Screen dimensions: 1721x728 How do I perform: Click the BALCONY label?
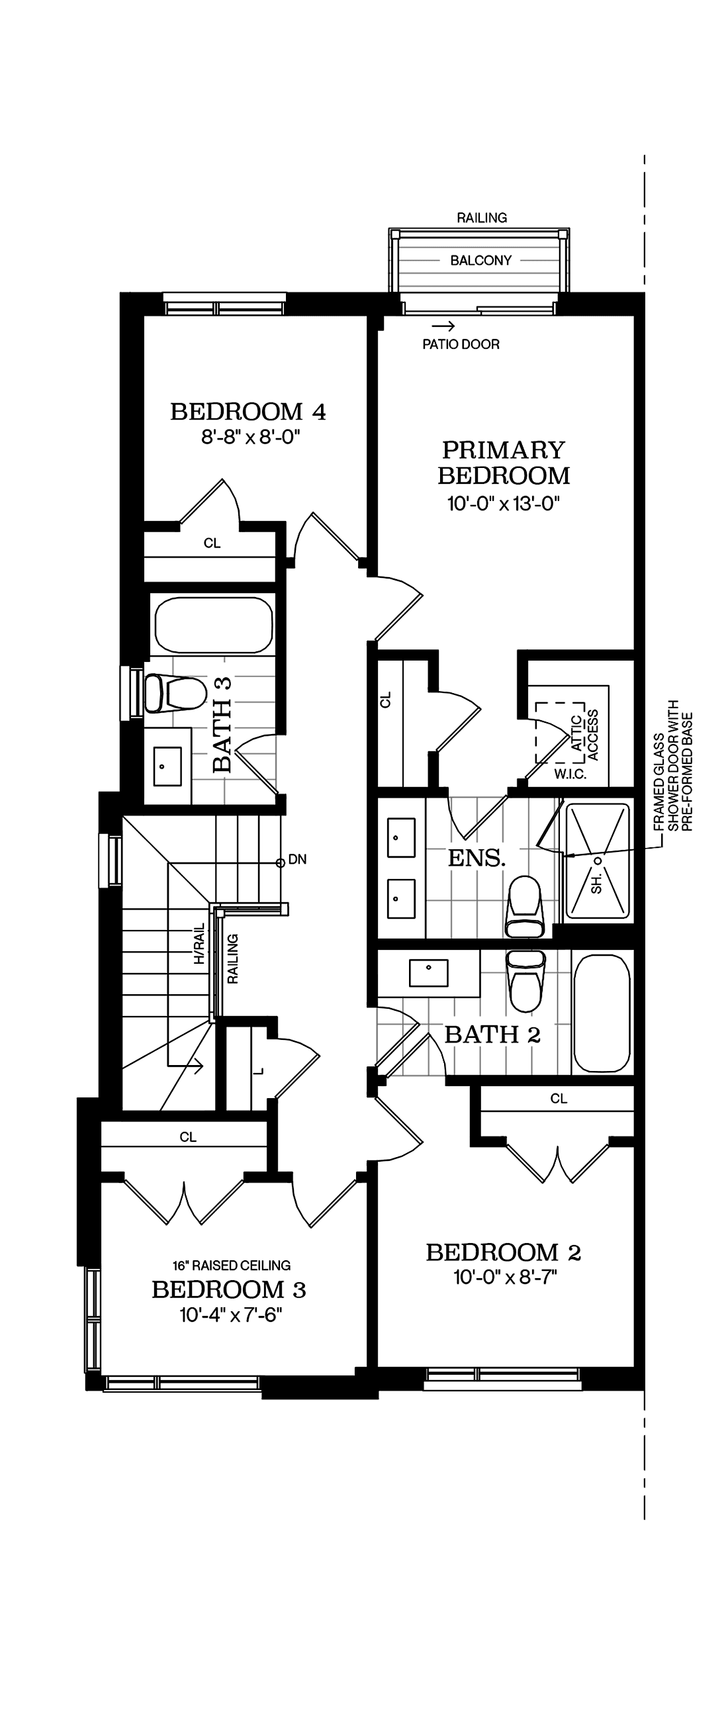click(x=480, y=261)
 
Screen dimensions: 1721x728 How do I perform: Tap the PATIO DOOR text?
click(x=461, y=344)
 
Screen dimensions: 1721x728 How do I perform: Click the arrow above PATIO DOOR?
click(x=443, y=327)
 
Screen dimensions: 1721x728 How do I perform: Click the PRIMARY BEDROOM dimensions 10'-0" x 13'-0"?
click(x=503, y=503)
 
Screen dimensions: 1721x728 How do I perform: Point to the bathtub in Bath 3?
click(x=214, y=626)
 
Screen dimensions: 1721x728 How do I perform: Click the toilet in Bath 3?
click(x=175, y=694)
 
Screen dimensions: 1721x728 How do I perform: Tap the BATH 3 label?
click(x=222, y=725)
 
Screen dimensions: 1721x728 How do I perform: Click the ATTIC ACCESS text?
click(x=584, y=735)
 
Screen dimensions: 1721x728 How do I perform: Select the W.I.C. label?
click(x=570, y=774)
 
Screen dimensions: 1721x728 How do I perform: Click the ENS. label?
click(x=477, y=858)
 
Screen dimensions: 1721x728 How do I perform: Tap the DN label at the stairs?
click(x=297, y=860)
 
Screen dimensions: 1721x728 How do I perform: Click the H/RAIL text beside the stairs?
click(x=199, y=944)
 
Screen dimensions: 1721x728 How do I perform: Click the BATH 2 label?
click(x=492, y=1035)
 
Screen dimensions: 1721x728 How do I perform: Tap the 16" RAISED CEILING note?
click(x=231, y=1266)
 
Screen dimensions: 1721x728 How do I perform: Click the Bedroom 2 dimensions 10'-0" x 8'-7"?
click(x=505, y=1278)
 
